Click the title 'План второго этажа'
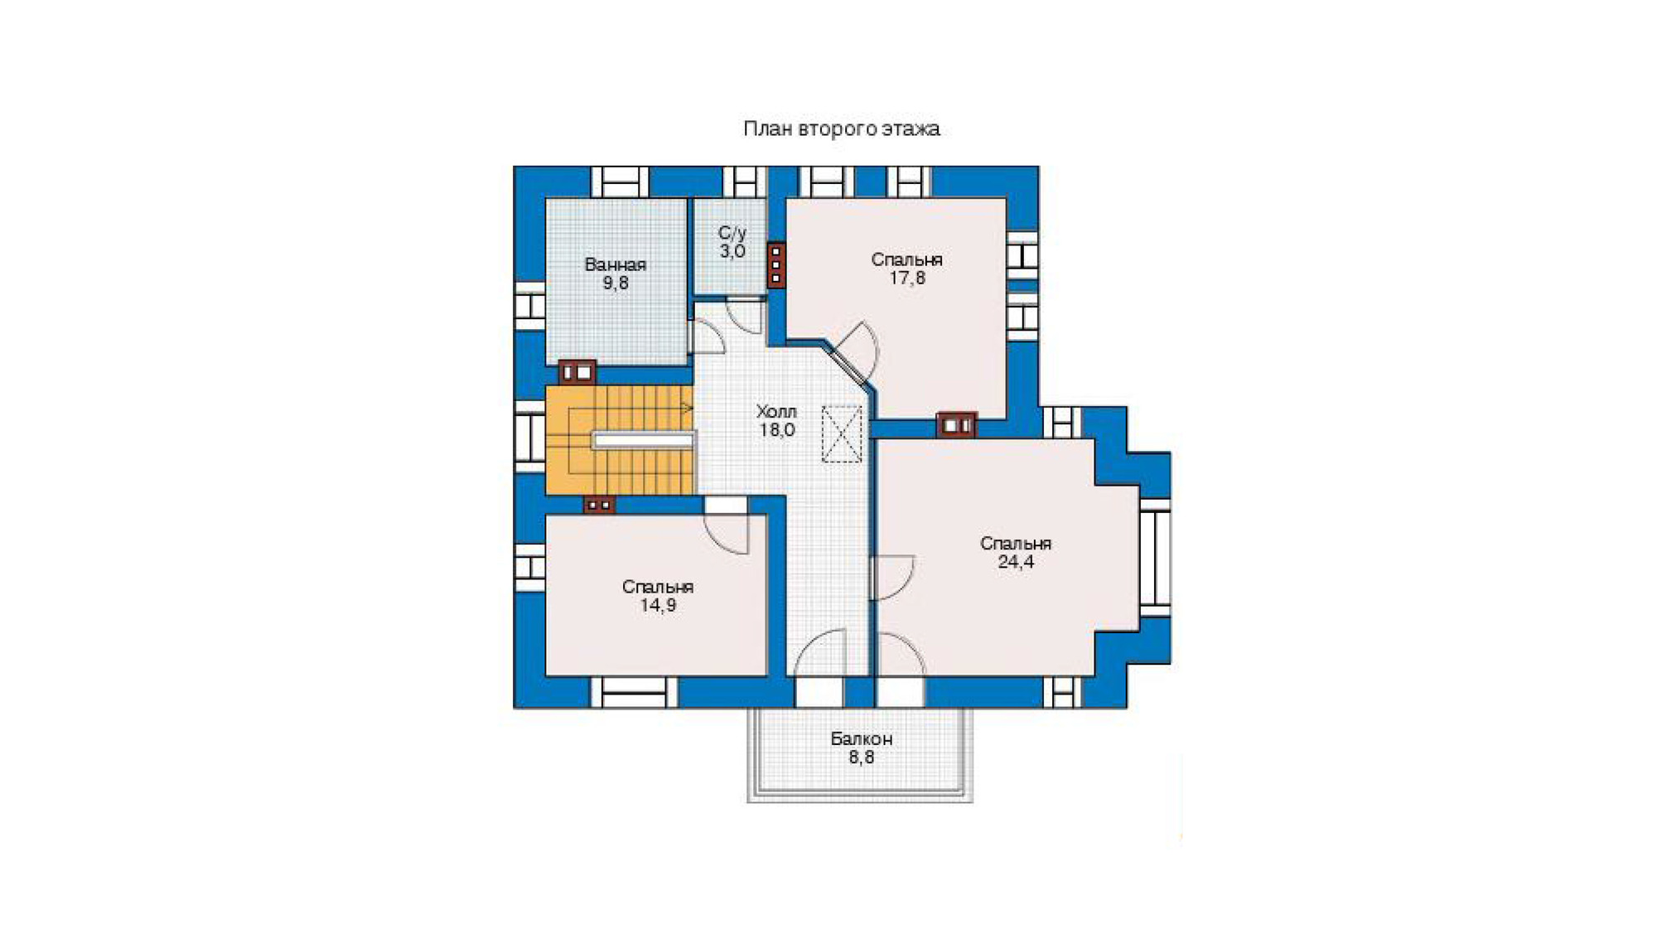pos(841,128)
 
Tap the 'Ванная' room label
pos(615,264)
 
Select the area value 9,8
pos(615,283)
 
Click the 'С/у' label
pos(732,233)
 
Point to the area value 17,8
pos(906,278)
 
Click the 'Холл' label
pos(776,411)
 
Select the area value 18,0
pos(776,430)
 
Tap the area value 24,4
pos(1015,563)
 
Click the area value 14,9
pos(657,606)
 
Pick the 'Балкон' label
pos(861,738)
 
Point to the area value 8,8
pos(861,758)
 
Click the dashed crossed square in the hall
pos(842,433)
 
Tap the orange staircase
pos(619,441)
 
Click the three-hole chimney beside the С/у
pos(775,265)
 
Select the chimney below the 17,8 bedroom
pos(956,425)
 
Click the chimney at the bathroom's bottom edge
pos(577,372)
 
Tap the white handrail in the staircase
pos(642,441)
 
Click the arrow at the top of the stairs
pos(687,408)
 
